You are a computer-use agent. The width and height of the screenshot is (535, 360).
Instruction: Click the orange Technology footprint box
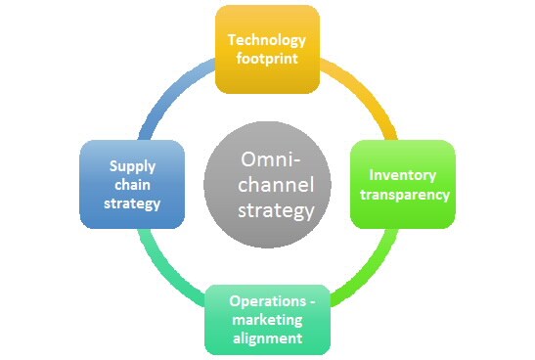[x=267, y=49]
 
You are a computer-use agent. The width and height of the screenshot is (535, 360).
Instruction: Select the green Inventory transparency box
[x=402, y=184]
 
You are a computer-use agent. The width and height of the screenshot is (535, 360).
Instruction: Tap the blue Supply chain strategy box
[x=131, y=184]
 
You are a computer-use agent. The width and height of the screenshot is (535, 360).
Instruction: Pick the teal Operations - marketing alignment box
[x=267, y=319]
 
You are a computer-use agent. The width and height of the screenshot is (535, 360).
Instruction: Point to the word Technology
[x=267, y=40]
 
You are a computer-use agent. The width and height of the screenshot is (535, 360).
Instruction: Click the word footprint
[x=267, y=59]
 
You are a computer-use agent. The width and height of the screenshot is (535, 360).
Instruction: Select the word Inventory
[x=402, y=175]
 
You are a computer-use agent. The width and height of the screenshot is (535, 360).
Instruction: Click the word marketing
[x=267, y=319]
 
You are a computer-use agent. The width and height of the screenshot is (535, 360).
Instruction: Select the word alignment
[x=267, y=338]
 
